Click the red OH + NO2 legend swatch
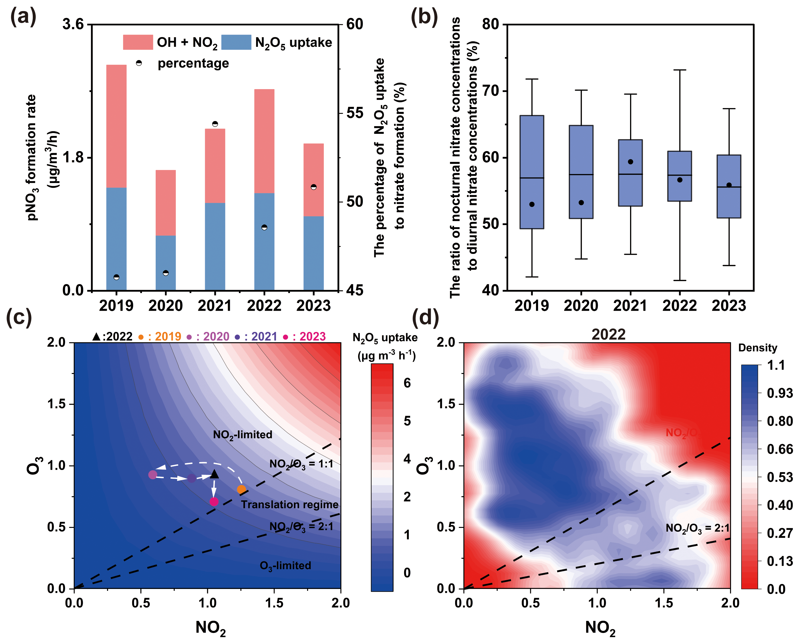click(x=138, y=42)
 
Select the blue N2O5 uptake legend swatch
click(x=236, y=42)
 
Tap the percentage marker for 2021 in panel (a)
click(x=215, y=124)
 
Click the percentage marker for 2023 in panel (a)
click(x=313, y=187)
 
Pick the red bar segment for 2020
click(x=165, y=202)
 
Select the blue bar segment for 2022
click(x=264, y=241)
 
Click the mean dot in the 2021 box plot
click(x=630, y=162)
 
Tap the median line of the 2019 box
click(x=532, y=178)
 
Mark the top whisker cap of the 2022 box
click(x=679, y=70)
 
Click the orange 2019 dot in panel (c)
click(x=241, y=489)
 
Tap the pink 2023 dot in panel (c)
click(x=214, y=502)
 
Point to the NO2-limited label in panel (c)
click(x=242, y=435)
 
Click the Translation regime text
click(x=289, y=504)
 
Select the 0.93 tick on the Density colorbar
click(x=780, y=393)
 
